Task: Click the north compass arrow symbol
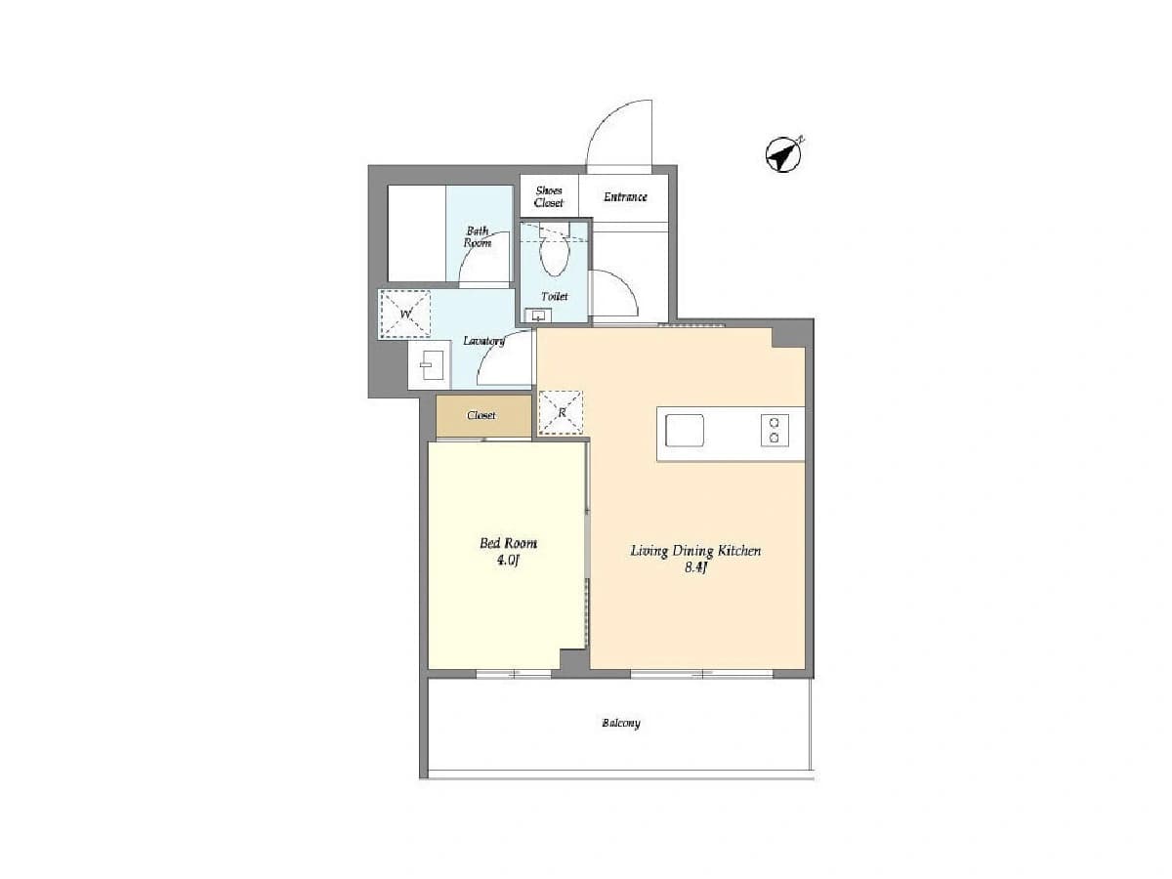782,154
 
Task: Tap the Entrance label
625,197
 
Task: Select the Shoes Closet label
548,196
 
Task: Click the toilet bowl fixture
554,256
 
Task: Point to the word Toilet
554,296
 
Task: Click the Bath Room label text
478,236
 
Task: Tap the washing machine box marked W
404,314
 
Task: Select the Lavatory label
483,341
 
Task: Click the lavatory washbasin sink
430,365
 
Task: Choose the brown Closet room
483,416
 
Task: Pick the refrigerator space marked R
561,412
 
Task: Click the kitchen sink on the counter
684,430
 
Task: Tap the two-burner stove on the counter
774,430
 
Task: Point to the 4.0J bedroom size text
508,561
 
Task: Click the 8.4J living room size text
695,567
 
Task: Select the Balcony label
621,723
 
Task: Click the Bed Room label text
508,543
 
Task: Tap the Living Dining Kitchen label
695,551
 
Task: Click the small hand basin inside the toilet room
538,314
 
